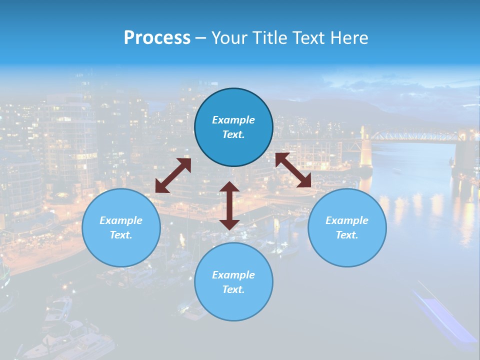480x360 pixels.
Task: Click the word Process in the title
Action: click(157, 38)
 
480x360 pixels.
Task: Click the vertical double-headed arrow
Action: click(229, 205)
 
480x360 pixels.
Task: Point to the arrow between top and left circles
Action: click(173, 175)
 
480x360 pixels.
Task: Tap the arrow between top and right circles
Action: click(293, 170)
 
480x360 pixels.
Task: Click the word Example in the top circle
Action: click(233, 120)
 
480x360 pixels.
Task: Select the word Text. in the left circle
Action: click(121, 235)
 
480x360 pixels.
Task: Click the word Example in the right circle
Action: click(347, 220)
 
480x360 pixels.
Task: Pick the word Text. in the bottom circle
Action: click(233, 289)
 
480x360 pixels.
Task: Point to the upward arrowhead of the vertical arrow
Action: click(229, 187)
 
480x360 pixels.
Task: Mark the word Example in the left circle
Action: click(121, 220)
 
